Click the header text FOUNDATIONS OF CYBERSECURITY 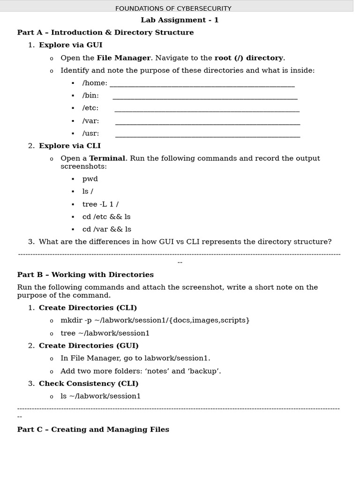[173, 8]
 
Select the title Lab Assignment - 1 [180, 20]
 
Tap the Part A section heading [105, 33]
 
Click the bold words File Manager [124, 58]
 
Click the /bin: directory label [90, 96]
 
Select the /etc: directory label [90, 108]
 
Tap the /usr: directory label [90, 134]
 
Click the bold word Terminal [107, 158]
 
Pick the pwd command [90, 179]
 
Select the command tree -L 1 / [100, 204]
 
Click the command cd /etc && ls [106, 217]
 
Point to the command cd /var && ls [107, 230]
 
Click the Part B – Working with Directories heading [85, 275]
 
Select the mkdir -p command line [155, 321]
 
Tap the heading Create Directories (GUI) [89, 346]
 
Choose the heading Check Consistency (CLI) [89, 384]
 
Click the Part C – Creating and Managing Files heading [93, 430]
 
